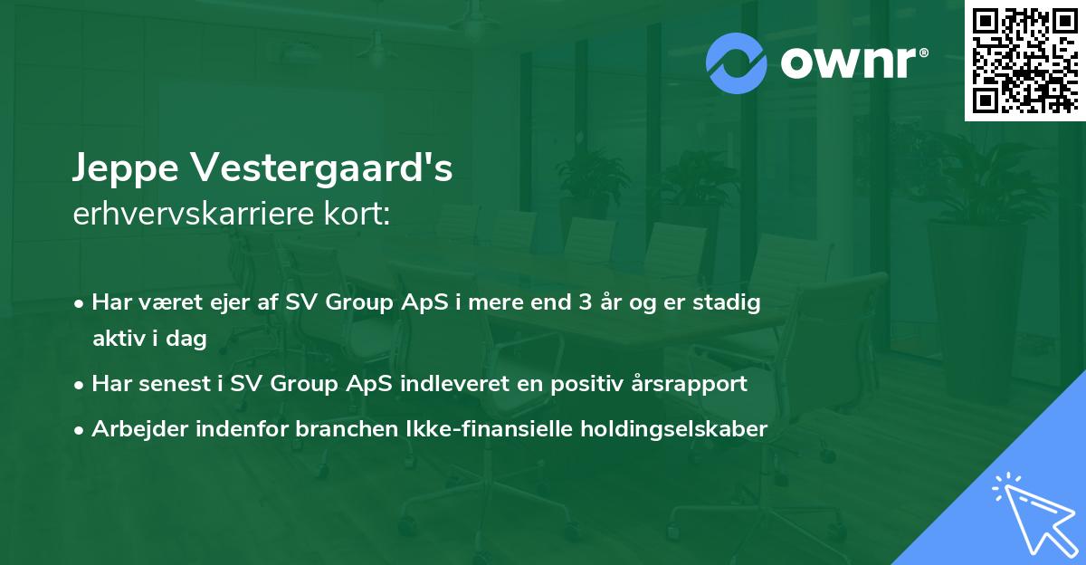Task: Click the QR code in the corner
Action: pyautogui.click(x=1024, y=61)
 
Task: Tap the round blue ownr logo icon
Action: pyautogui.click(x=737, y=62)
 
